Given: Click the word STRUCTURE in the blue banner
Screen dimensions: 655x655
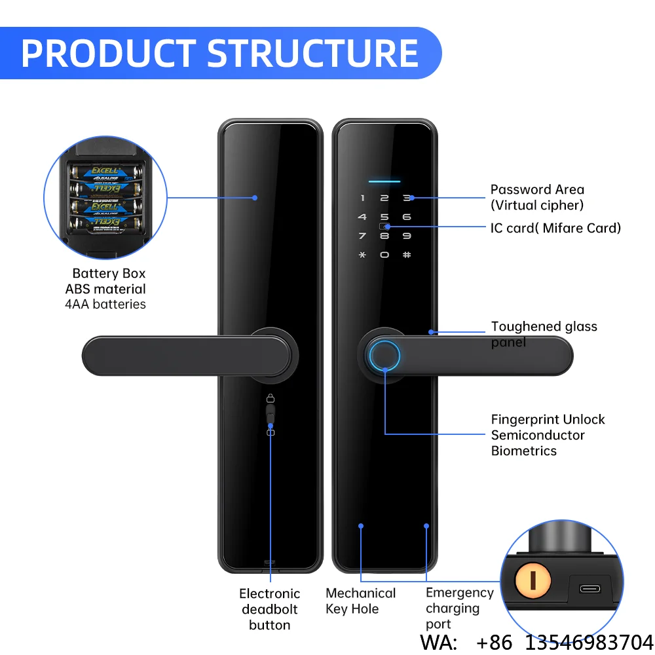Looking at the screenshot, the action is [x=312, y=53].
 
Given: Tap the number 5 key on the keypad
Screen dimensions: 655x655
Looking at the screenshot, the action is [x=384, y=217].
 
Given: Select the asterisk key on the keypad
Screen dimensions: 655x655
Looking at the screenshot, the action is [x=362, y=254].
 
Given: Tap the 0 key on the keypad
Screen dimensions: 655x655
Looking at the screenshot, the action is [x=384, y=254].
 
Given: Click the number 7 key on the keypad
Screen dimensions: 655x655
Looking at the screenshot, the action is [x=362, y=236].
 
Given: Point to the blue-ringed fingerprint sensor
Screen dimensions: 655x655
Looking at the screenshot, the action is [x=384, y=356].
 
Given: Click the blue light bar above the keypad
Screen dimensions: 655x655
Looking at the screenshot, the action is [x=384, y=181].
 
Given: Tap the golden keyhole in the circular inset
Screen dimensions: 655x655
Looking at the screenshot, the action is [x=533, y=580].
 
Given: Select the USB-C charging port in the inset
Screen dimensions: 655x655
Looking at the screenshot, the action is [x=590, y=589].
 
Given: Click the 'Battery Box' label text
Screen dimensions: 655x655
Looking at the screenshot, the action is [x=109, y=273].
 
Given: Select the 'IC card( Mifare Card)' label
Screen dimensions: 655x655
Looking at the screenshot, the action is [x=555, y=228].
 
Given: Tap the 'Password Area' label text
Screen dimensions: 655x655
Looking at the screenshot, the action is [x=537, y=190].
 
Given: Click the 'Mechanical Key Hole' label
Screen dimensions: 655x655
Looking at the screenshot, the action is [x=360, y=601].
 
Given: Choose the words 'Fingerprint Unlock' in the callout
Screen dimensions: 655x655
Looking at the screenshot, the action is [x=548, y=419].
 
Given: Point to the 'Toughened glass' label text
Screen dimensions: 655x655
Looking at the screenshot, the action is [x=544, y=326].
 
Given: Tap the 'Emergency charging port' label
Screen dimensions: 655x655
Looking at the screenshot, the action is [x=460, y=608].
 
